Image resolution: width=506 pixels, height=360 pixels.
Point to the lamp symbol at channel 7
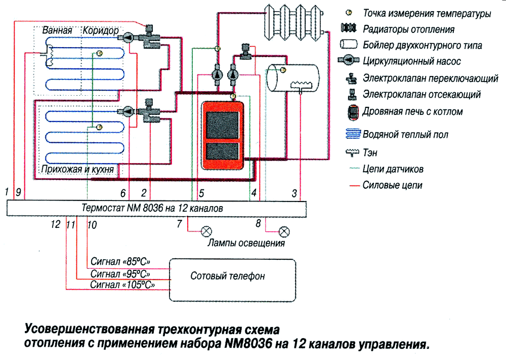pos(206,231)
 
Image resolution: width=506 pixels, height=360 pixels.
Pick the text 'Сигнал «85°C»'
pos(121,262)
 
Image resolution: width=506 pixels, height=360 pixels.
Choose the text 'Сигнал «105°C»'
pos(122,285)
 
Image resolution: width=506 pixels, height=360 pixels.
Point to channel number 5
pos(201,192)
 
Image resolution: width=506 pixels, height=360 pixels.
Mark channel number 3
pos(293,192)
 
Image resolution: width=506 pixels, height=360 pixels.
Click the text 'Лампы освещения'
pos(246,244)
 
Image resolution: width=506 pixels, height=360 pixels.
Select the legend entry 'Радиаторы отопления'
pos(408,29)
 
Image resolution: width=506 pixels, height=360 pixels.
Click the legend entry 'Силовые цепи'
pos(392,185)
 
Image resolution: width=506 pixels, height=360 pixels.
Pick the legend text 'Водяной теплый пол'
pos(405,135)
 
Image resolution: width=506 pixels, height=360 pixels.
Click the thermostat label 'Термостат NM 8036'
pos(151,208)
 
